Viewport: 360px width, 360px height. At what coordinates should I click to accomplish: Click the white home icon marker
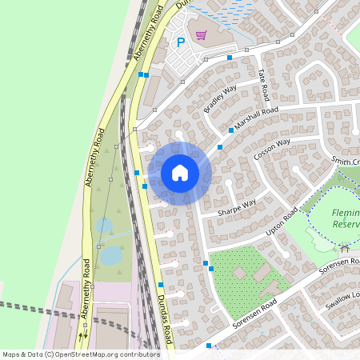(x=180, y=173)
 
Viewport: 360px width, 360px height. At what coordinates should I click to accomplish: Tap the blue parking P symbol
(x=181, y=42)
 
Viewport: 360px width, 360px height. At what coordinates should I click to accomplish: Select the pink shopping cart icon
(x=201, y=35)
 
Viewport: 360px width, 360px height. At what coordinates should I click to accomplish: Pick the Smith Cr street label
(x=346, y=162)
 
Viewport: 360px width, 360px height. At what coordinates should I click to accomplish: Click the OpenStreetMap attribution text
(x=81, y=354)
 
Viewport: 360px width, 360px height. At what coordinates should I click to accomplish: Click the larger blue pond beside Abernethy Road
(x=110, y=254)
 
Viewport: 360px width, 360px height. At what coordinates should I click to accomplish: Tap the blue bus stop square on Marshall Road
(x=231, y=130)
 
